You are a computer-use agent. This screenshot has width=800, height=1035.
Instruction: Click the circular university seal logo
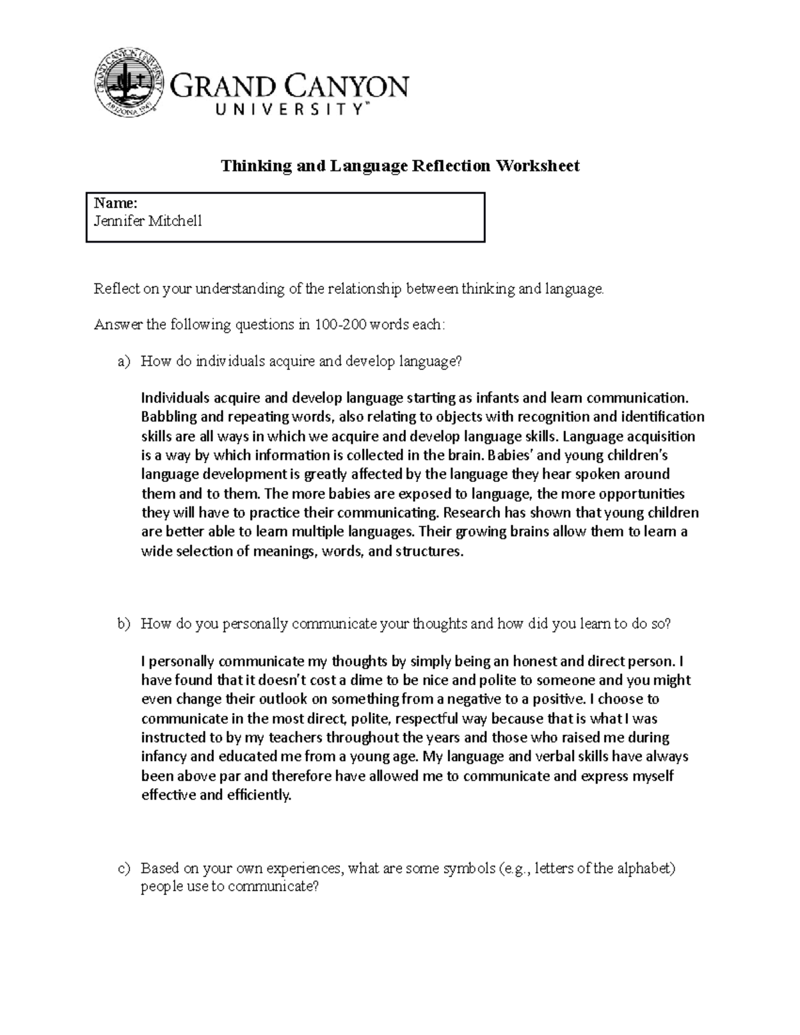pyautogui.click(x=129, y=82)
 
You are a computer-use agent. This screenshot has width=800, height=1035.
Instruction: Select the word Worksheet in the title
pyautogui.click(x=537, y=165)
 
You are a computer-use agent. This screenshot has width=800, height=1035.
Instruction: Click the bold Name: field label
pyautogui.click(x=115, y=203)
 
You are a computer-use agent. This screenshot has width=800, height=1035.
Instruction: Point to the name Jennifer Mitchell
pyautogui.click(x=147, y=221)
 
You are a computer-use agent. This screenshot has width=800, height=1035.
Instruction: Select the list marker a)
pyautogui.click(x=123, y=361)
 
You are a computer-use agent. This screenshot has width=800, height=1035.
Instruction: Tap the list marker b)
pyautogui.click(x=123, y=624)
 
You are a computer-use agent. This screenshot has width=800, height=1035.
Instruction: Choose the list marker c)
pyautogui.click(x=123, y=868)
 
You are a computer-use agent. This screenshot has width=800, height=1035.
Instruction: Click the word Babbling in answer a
pyautogui.click(x=166, y=417)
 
